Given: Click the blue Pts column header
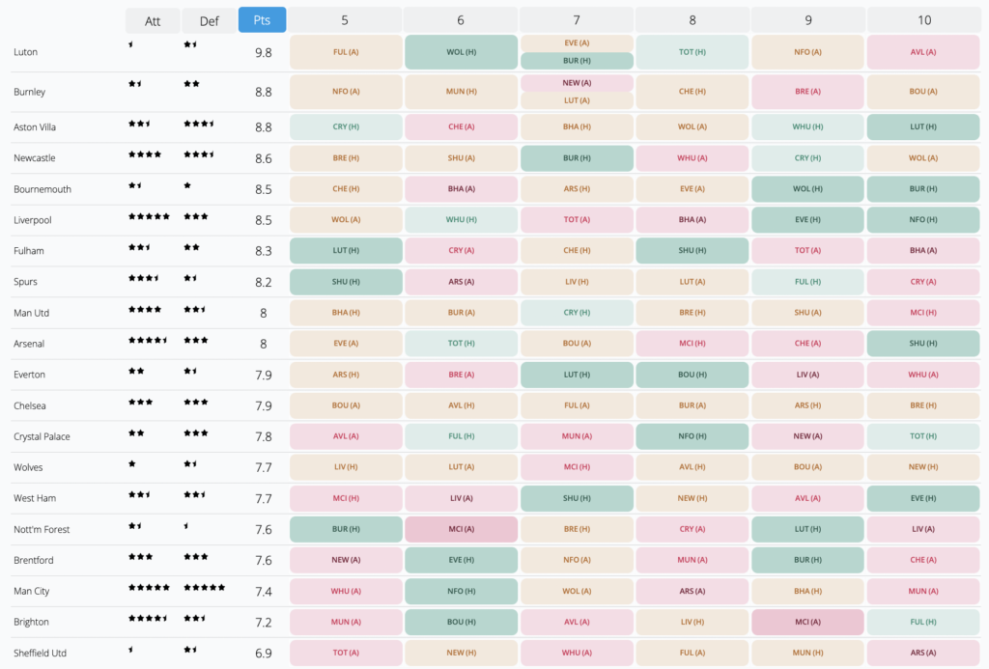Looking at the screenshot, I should coord(262,20).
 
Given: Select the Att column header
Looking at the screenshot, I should coord(152,20).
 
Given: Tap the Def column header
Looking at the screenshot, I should coord(209,20).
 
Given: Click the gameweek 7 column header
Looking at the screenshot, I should coord(577,20).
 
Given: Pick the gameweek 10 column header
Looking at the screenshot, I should coord(924,20).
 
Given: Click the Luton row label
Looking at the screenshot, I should coord(26,52).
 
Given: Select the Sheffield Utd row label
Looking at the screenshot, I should coord(41,653).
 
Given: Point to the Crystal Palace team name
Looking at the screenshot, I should coord(42,436).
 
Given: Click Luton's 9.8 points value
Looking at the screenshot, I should coord(263,52).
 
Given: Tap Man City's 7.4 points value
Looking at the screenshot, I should coord(263,591).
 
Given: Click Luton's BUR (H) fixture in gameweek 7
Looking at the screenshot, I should coord(577,61).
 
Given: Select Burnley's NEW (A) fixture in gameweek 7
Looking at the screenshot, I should coord(577,83).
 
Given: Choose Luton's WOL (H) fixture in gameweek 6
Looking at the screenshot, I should coord(461,52).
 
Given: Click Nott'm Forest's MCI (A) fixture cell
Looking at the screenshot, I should coord(461,529).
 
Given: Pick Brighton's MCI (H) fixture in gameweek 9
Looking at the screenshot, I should coord(808,622).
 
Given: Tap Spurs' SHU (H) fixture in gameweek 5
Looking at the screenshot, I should coord(346,282).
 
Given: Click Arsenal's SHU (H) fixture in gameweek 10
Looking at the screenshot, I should coord(924,344).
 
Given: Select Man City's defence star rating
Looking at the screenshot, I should coord(204,586).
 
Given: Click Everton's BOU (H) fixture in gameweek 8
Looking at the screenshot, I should coord(692,375).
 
